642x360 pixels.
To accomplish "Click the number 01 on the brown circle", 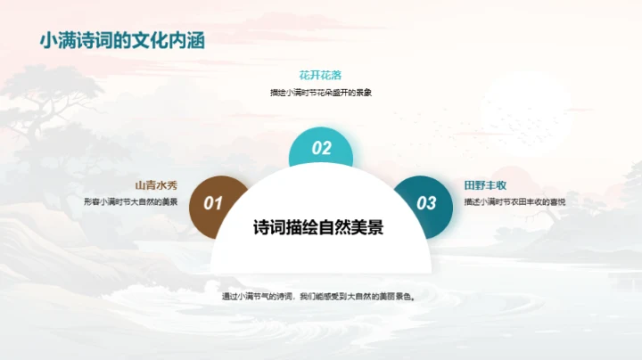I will pos(213,203).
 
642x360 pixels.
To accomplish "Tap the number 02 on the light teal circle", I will pos(321,149).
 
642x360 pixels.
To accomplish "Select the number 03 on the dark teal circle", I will pos(427,203).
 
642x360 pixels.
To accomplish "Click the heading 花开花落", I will pos(320,76).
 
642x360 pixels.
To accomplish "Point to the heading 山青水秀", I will pos(156,185).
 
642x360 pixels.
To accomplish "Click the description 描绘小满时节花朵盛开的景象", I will pos(320,93).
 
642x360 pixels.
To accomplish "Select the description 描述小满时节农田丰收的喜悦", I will pos(515,202).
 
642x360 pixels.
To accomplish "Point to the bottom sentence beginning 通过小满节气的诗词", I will pos(320,296).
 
